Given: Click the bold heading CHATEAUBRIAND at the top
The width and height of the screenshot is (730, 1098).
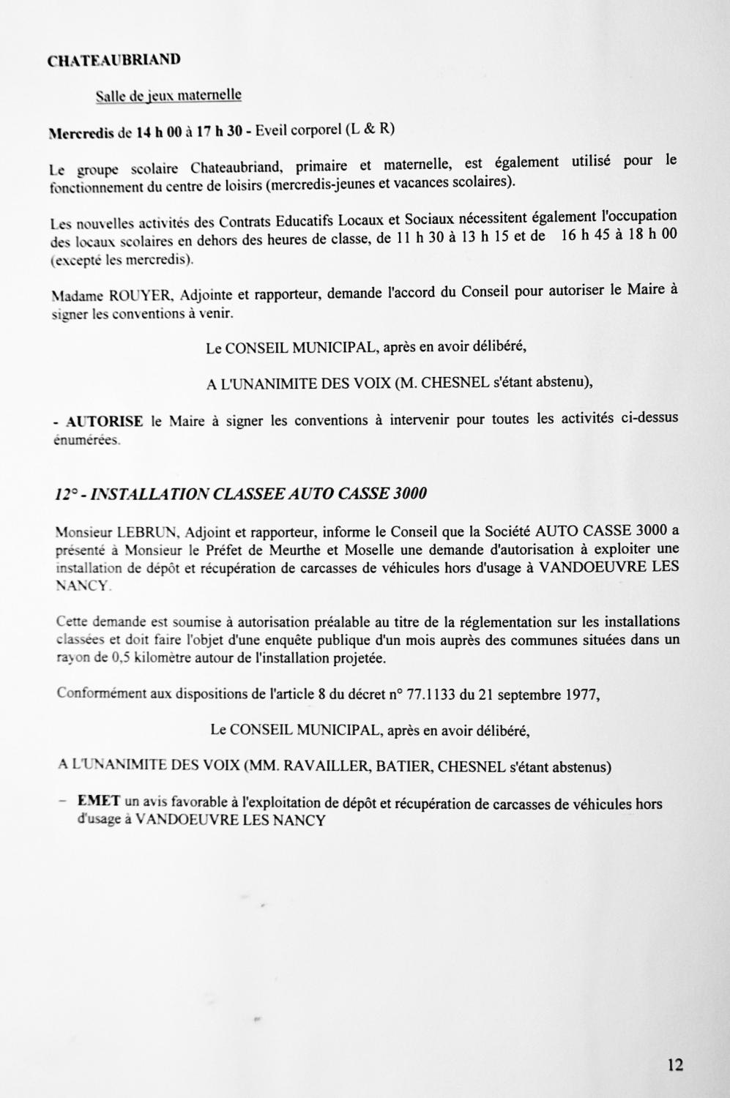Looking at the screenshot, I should pyautogui.click(x=113, y=61).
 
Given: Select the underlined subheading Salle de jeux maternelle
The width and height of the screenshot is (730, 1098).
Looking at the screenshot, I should pyautogui.click(x=168, y=95).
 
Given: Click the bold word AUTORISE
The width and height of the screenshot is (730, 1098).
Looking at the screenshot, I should pyautogui.click(x=105, y=422).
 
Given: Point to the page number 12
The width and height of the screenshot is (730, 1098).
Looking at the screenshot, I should pyautogui.click(x=675, y=1065).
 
